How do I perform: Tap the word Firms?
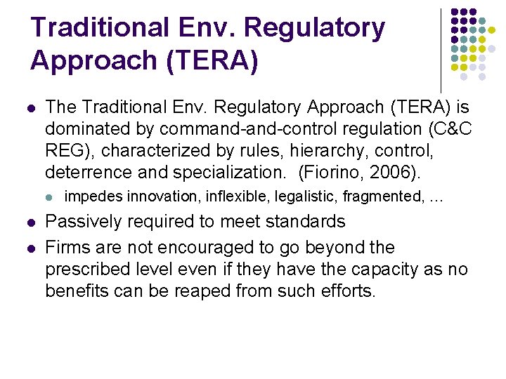point(67,248)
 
